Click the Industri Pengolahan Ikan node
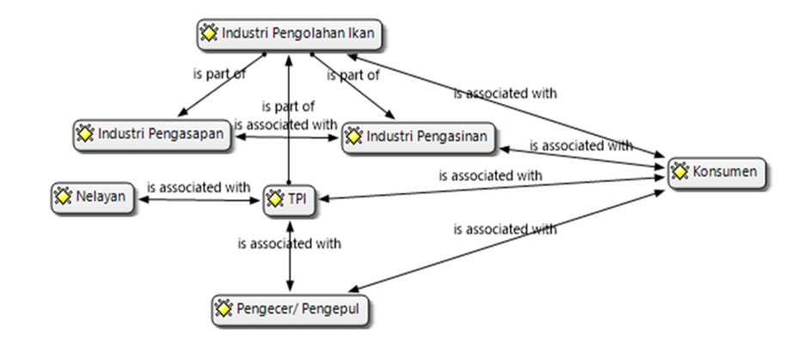coord(290,34)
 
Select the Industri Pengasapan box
coord(153,135)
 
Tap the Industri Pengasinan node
coord(418,137)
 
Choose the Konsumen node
coord(715,172)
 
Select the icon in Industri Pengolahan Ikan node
coord(208,34)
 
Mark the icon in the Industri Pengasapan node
coord(85,135)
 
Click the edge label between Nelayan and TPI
coord(198,186)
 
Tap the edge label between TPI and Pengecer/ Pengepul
coord(289,243)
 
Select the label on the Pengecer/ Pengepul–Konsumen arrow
coord(504,229)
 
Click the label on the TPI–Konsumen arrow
coord(490,175)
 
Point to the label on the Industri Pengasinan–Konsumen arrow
coord(580,146)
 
